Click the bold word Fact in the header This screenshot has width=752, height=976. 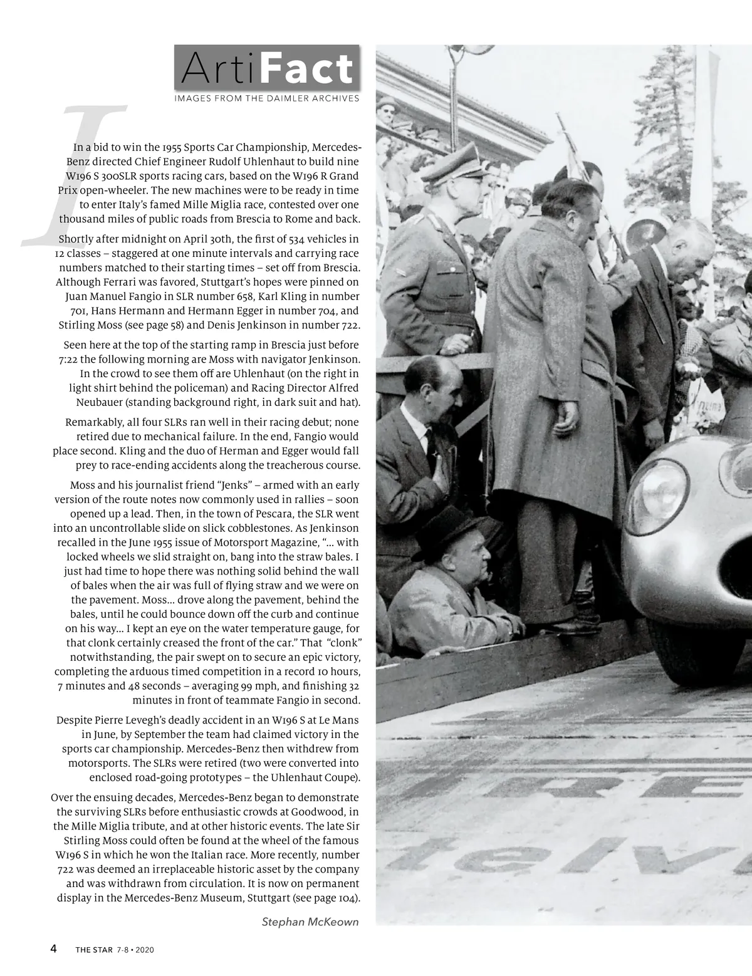(306, 70)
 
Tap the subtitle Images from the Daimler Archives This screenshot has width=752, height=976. (267, 98)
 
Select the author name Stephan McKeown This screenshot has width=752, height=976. (310, 921)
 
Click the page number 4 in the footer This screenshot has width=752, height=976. (54, 948)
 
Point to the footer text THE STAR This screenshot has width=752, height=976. (93, 950)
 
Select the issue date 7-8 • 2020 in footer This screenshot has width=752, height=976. (135, 950)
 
